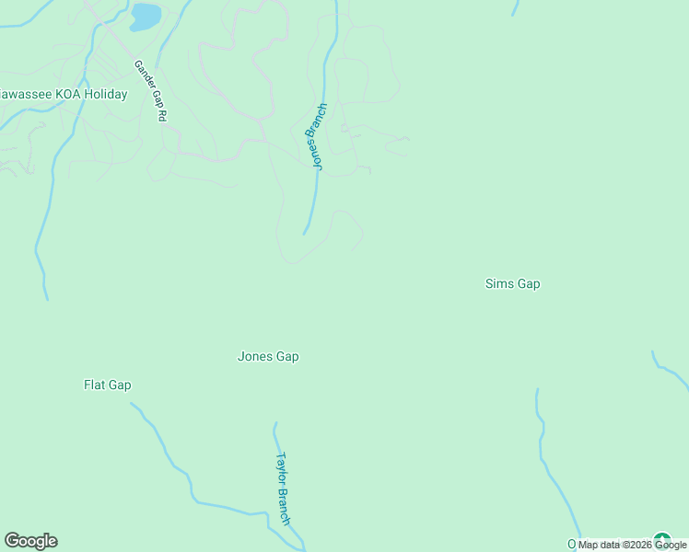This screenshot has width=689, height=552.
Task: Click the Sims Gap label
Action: pos(512,284)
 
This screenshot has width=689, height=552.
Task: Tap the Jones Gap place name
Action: pos(268,357)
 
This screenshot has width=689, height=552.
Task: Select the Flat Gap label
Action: pos(108,385)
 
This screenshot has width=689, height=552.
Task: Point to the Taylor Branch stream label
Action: pos(284,488)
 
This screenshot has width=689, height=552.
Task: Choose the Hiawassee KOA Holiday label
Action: pos(63,94)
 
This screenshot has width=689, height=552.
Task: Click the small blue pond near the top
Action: pos(146,17)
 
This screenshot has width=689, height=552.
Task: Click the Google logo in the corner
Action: pos(30,541)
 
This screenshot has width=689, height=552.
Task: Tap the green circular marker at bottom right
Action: pos(661,541)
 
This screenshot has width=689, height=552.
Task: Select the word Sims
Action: pos(498,284)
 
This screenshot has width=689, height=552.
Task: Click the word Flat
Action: pos(95,385)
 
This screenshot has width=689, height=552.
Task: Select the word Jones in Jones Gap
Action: pos(254,357)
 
